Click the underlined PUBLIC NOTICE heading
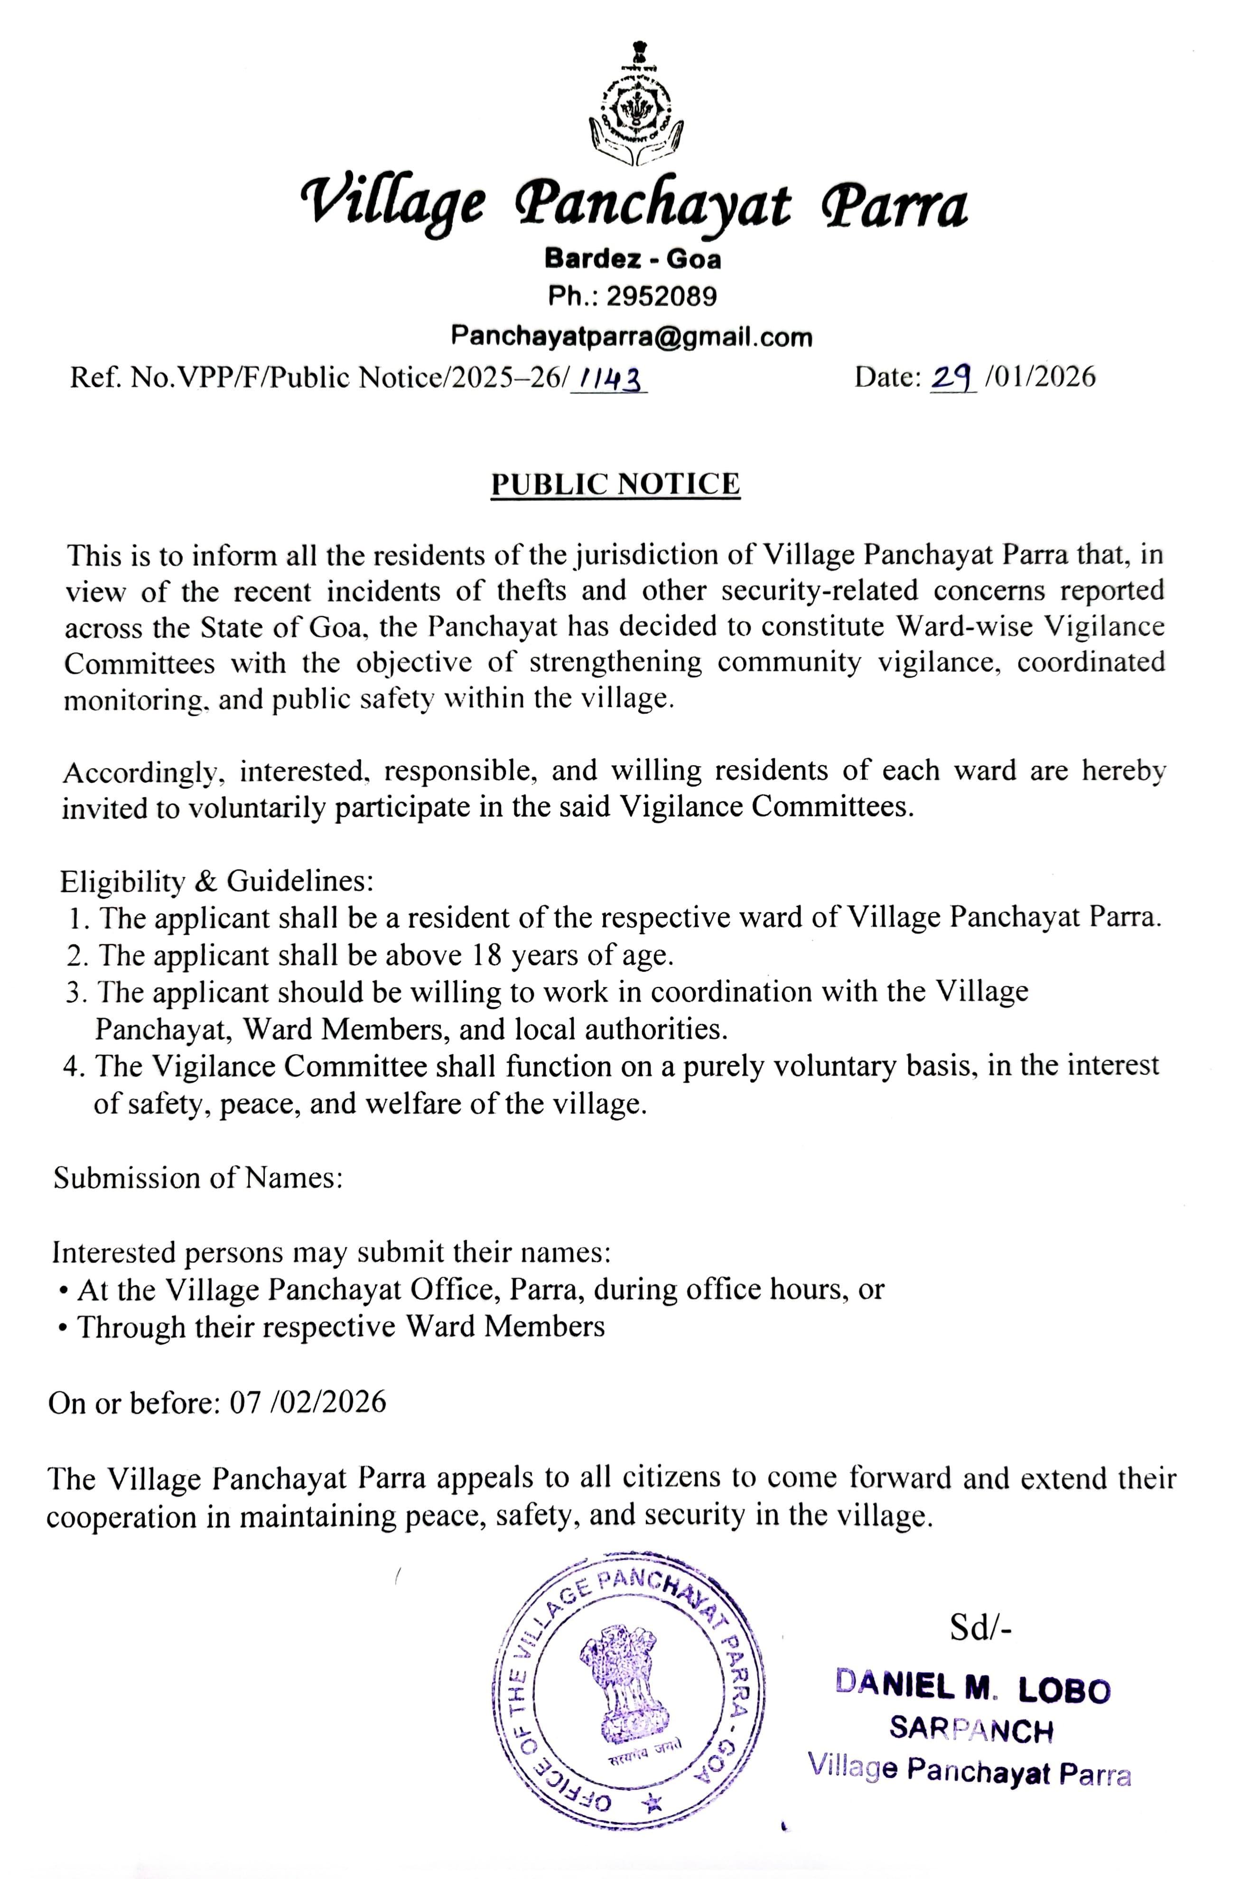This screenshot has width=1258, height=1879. point(615,484)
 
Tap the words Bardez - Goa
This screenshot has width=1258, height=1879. point(632,258)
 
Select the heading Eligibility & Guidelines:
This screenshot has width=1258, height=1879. point(216,881)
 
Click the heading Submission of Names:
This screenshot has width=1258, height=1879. point(198,1178)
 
